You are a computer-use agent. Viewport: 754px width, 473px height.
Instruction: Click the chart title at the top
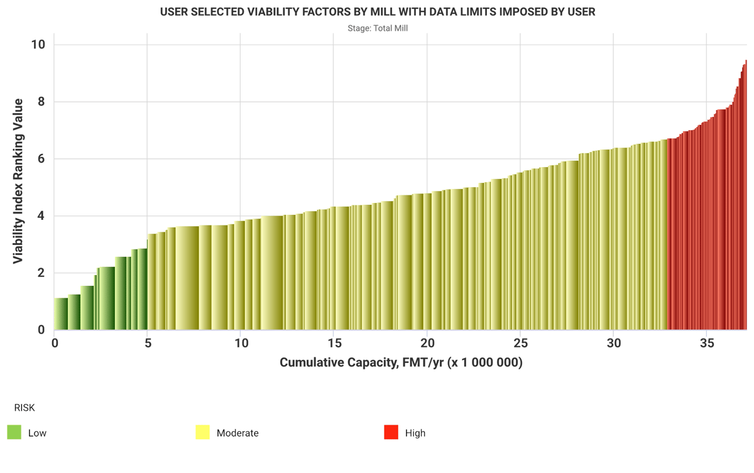coord(377,12)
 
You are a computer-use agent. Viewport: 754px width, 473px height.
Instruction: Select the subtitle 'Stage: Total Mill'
coord(378,28)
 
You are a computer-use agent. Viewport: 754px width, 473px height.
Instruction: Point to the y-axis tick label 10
coord(38,45)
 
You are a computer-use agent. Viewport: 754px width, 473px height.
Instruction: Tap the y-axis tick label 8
coord(41,102)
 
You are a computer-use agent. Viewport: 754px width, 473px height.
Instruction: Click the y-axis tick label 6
coord(41,159)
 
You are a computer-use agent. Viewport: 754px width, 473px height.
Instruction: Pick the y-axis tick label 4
coord(41,216)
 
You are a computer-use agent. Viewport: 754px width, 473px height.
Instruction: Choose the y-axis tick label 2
coord(41,273)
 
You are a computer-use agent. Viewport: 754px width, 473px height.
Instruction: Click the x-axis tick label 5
coord(148,344)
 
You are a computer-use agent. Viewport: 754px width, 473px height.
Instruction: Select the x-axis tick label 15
coord(334,344)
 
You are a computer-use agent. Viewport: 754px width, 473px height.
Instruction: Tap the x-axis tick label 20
coord(427,344)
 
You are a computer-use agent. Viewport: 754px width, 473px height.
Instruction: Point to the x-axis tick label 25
coord(520,344)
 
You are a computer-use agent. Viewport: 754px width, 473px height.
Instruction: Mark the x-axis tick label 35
coord(707,344)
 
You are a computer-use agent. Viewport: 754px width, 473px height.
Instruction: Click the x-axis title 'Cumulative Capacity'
coord(401,362)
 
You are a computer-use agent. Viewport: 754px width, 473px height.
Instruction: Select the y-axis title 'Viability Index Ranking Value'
coord(18,181)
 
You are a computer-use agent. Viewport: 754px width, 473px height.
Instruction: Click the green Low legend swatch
coord(14,432)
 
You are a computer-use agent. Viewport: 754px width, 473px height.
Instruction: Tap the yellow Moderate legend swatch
coord(202,432)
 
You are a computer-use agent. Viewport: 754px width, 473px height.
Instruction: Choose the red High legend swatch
coord(391,432)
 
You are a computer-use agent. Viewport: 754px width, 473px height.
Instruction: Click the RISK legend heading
coord(25,408)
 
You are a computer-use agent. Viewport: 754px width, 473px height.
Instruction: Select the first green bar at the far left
coord(61,314)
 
